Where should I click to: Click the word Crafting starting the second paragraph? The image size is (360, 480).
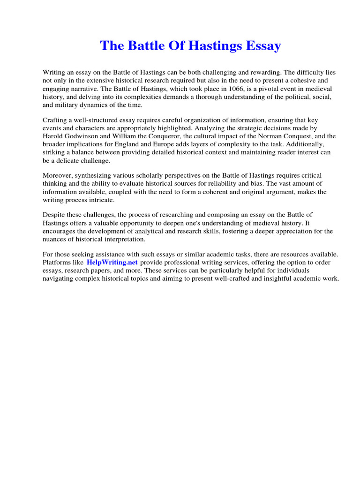(x=56, y=120)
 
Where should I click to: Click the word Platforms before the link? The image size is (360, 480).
(x=58, y=262)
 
